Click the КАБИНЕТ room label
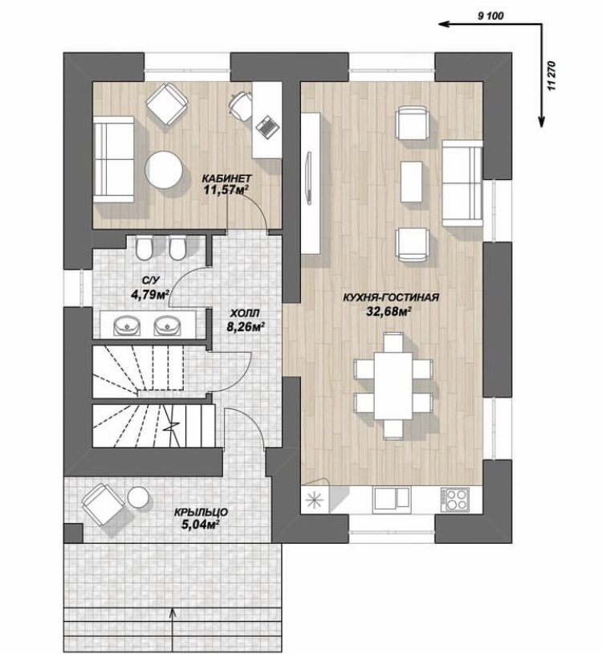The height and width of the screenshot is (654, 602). click(226, 178)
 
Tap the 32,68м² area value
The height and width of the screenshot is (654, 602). click(389, 311)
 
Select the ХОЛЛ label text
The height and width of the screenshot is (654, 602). click(245, 313)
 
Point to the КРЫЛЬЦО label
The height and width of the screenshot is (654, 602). click(201, 512)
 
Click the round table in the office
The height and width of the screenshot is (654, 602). click(163, 170)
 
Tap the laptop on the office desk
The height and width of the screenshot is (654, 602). click(266, 125)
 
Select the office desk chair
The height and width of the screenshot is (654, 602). click(241, 104)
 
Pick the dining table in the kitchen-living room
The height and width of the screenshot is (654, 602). click(393, 386)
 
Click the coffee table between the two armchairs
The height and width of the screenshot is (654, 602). click(412, 182)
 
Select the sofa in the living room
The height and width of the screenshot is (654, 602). click(462, 182)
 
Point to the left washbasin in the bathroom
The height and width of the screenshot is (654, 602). click(127, 325)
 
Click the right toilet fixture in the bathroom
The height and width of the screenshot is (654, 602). click(177, 247)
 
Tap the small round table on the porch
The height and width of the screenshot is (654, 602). click(138, 497)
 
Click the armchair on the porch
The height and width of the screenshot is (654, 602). click(103, 505)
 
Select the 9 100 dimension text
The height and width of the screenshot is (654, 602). click(490, 16)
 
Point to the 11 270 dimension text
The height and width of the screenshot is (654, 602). click(552, 76)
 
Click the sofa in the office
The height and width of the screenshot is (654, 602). click(113, 159)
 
